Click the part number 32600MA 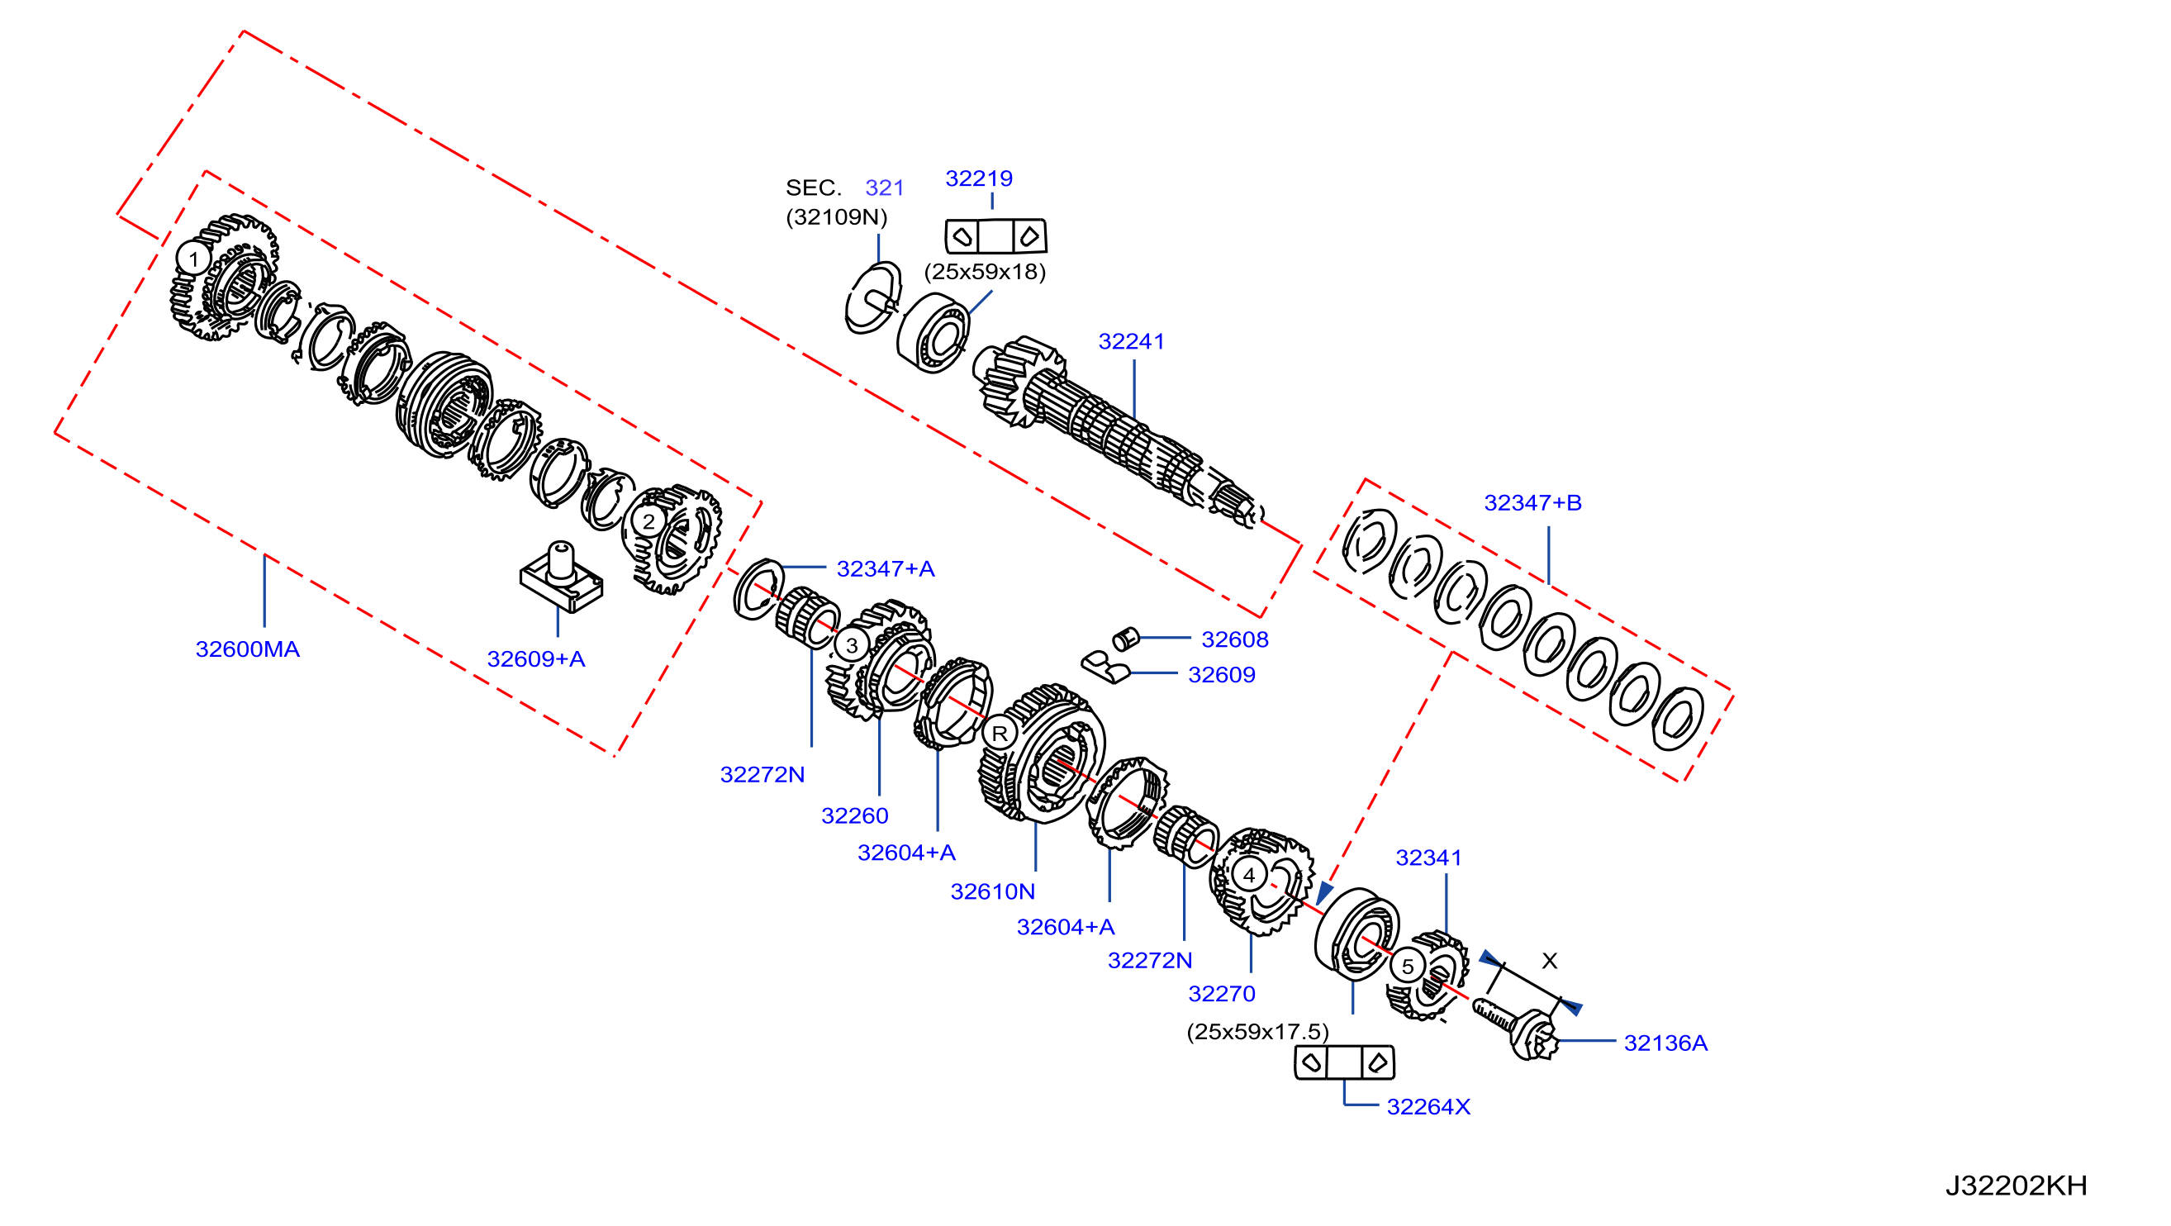(248, 649)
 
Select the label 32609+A (536, 659)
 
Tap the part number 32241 (1131, 341)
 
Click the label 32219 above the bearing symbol (978, 178)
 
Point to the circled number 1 (194, 259)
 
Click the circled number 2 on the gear (648, 521)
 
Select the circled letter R (1000, 733)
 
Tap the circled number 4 (1249, 876)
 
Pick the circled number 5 (1408, 967)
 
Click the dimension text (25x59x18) (985, 271)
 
